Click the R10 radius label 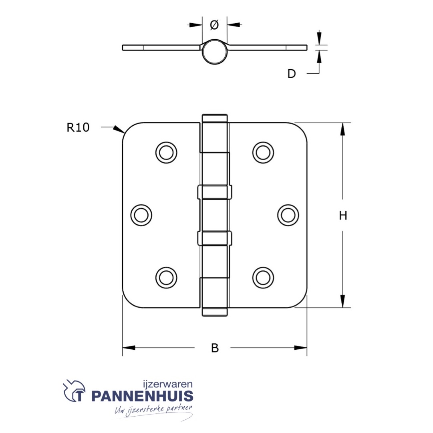(x=78, y=128)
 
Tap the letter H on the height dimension (x=343, y=216)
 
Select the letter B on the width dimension (x=215, y=348)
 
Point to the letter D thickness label (x=292, y=74)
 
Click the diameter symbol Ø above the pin (x=214, y=25)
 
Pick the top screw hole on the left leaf (x=166, y=152)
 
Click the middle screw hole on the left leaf (x=141, y=215)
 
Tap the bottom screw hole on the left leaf (x=166, y=277)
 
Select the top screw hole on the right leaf (x=263, y=152)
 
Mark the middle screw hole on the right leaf (x=288, y=215)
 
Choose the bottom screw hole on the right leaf (x=263, y=277)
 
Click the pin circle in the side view (x=214, y=52)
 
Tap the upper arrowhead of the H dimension (x=342, y=129)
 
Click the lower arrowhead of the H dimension (x=342, y=301)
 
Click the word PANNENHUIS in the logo (x=142, y=396)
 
